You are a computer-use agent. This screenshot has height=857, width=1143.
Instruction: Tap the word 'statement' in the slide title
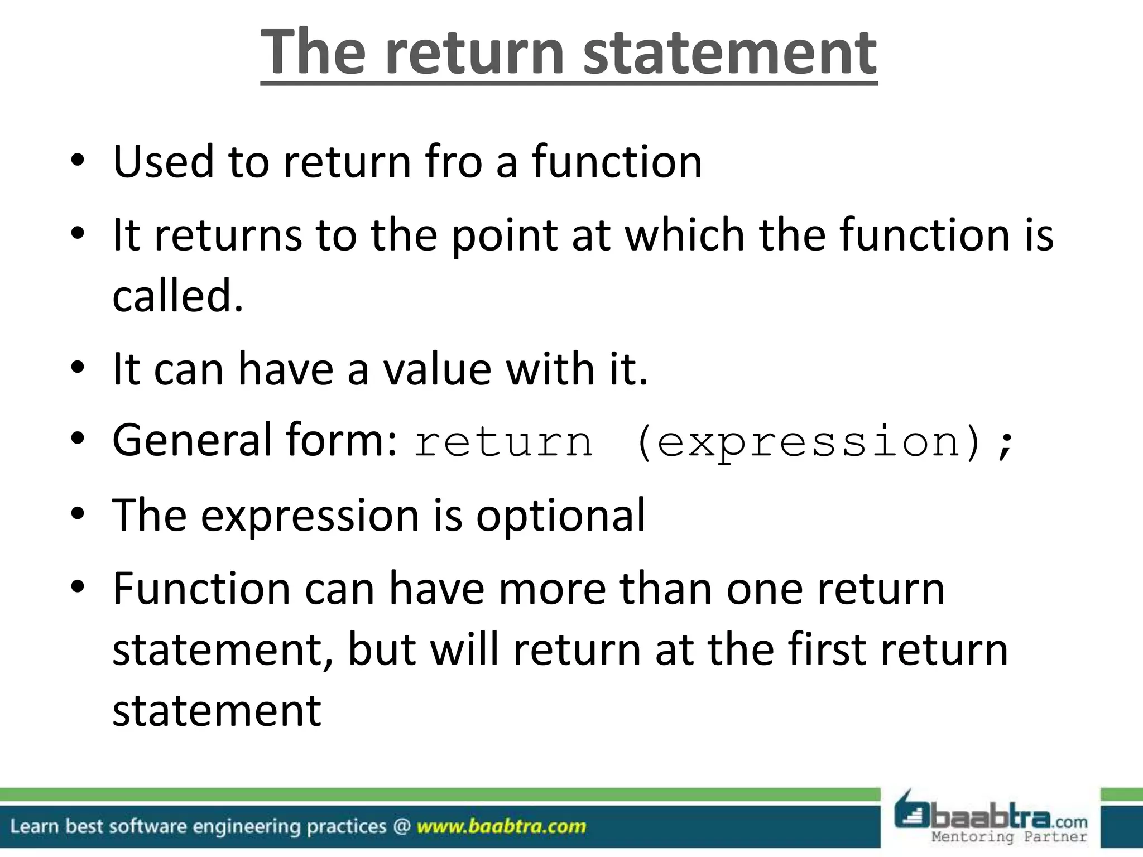pyautogui.click(x=729, y=53)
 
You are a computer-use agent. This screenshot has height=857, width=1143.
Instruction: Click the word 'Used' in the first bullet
pyautogui.click(x=164, y=162)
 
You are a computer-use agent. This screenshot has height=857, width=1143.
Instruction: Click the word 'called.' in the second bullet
pyautogui.click(x=178, y=296)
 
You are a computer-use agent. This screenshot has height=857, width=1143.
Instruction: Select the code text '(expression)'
pyautogui.click(x=807, y=442)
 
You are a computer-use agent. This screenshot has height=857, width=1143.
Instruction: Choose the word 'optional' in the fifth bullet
pyautogui.click(x=560, y=515)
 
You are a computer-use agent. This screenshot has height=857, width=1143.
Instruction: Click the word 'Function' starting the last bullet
pyautogui.click(x=201, y=589)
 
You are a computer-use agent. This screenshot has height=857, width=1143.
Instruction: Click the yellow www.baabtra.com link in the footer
pyautogui.click(x=501, y=826)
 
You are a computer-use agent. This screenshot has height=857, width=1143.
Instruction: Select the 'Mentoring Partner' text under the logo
pyautogui.click(x=1009, y=837)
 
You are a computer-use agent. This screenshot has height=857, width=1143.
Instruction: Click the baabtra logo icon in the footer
pyautogui.click(x=911, y=813)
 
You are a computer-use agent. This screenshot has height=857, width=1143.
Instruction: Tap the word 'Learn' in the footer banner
pyautogui.click(x=35, y=826)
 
